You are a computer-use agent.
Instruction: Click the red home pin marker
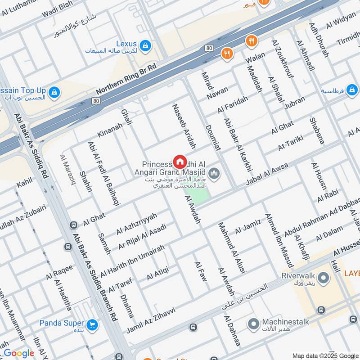click(x=180, y=162)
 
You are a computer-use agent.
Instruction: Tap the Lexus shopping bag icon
click(x=145, y=45)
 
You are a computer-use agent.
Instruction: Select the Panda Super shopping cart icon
click(x=92, y=324)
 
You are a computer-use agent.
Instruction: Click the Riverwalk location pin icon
click(x=321, y=276)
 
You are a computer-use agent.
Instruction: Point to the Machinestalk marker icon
click(x=254, y=323)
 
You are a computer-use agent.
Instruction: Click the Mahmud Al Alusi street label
click(x=232, y=247)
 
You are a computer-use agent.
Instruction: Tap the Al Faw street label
click(x=200, y=271)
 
